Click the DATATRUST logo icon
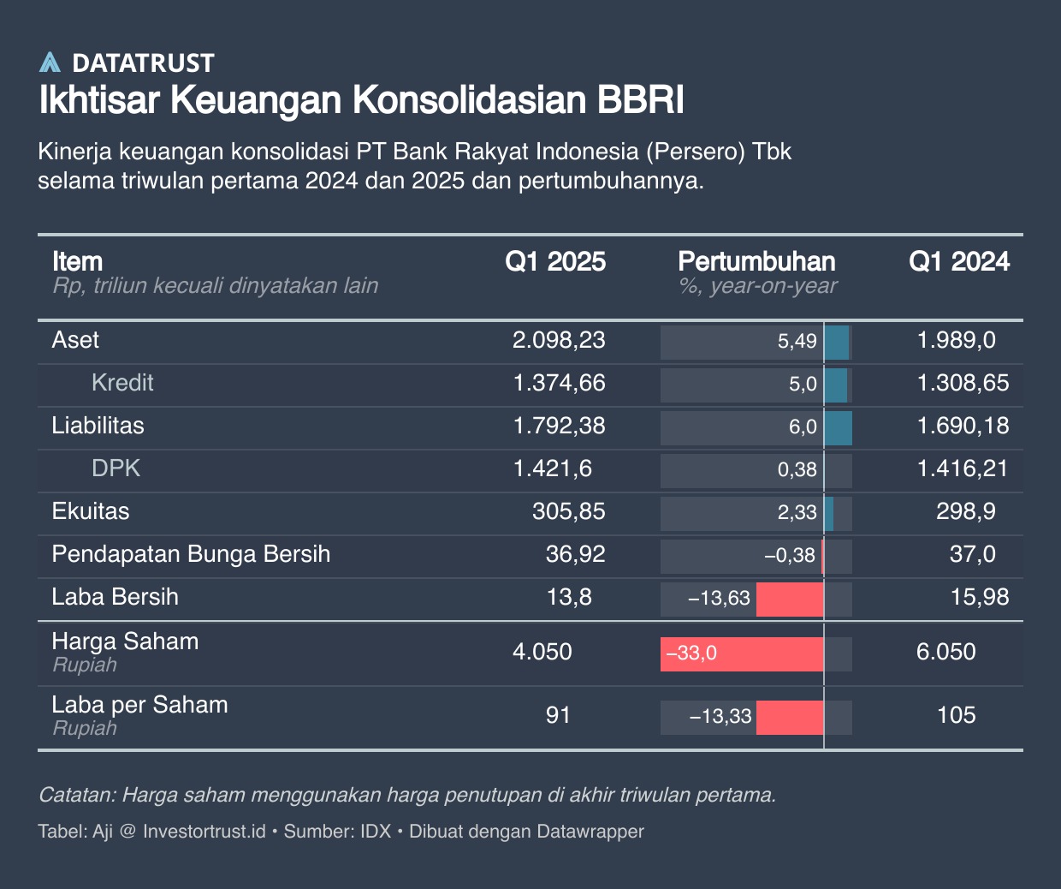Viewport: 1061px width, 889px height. tap(50, 63)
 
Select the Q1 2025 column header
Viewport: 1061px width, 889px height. tap(554, 262)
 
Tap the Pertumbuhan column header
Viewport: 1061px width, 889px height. tap(756, 262)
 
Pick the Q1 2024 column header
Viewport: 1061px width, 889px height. tap(958, 262)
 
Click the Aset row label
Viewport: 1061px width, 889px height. tap(75, 341)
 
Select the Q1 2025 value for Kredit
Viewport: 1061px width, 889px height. tap(559, 384)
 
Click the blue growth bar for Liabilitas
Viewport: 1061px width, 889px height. tap(839, 427)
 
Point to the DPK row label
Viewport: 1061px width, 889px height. tap(116, 468)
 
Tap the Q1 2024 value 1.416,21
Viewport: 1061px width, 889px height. tap(963, 469)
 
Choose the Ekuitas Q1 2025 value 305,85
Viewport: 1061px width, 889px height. tap(568, 512)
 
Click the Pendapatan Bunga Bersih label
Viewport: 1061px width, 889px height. tap(191, 554)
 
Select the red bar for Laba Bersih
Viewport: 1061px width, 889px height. tap(790, 598)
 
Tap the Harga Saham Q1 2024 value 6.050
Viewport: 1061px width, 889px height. tap(945, 653)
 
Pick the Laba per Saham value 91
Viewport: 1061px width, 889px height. tap(558, 716)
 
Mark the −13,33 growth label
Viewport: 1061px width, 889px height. tap(720, 717)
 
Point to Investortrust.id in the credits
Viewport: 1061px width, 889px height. tap(204, 832)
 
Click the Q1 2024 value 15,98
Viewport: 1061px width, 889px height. tap(980, 598)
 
